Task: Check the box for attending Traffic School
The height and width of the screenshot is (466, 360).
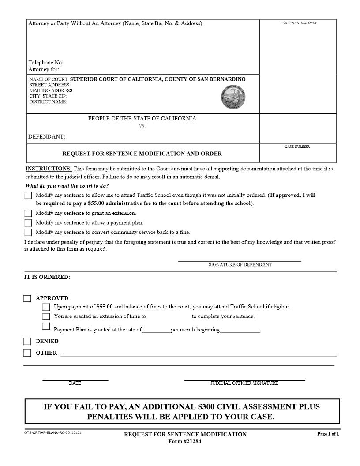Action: point(28,195)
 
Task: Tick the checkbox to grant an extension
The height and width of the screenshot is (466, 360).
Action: point(28,214)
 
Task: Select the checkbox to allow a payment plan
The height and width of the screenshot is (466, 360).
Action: point(28,223)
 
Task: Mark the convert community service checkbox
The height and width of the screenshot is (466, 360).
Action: point(28,233)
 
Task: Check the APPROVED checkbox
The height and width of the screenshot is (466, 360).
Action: point(27,299)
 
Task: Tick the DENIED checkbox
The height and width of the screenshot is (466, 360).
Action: point(27,342)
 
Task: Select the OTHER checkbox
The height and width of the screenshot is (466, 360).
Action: point(27,353)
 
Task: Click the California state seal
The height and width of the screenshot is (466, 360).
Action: point(233,97)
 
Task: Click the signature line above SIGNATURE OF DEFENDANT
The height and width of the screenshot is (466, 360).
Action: point(240,261)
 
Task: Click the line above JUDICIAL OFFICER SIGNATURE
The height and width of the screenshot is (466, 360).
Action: point(244,380)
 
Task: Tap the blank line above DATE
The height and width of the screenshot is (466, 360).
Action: point(75,380)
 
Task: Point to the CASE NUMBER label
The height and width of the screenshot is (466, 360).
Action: point(297,147)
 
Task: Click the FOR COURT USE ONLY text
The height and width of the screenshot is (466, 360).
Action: point(298,23)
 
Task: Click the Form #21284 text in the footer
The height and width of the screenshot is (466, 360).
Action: point(185,442)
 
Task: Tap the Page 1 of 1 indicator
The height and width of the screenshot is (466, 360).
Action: point(328,434)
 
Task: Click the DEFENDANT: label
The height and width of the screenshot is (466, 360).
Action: point(47,137)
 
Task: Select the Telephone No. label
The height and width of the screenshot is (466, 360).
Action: point(46,63)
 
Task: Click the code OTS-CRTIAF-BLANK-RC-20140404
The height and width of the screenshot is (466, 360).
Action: point(53,433)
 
